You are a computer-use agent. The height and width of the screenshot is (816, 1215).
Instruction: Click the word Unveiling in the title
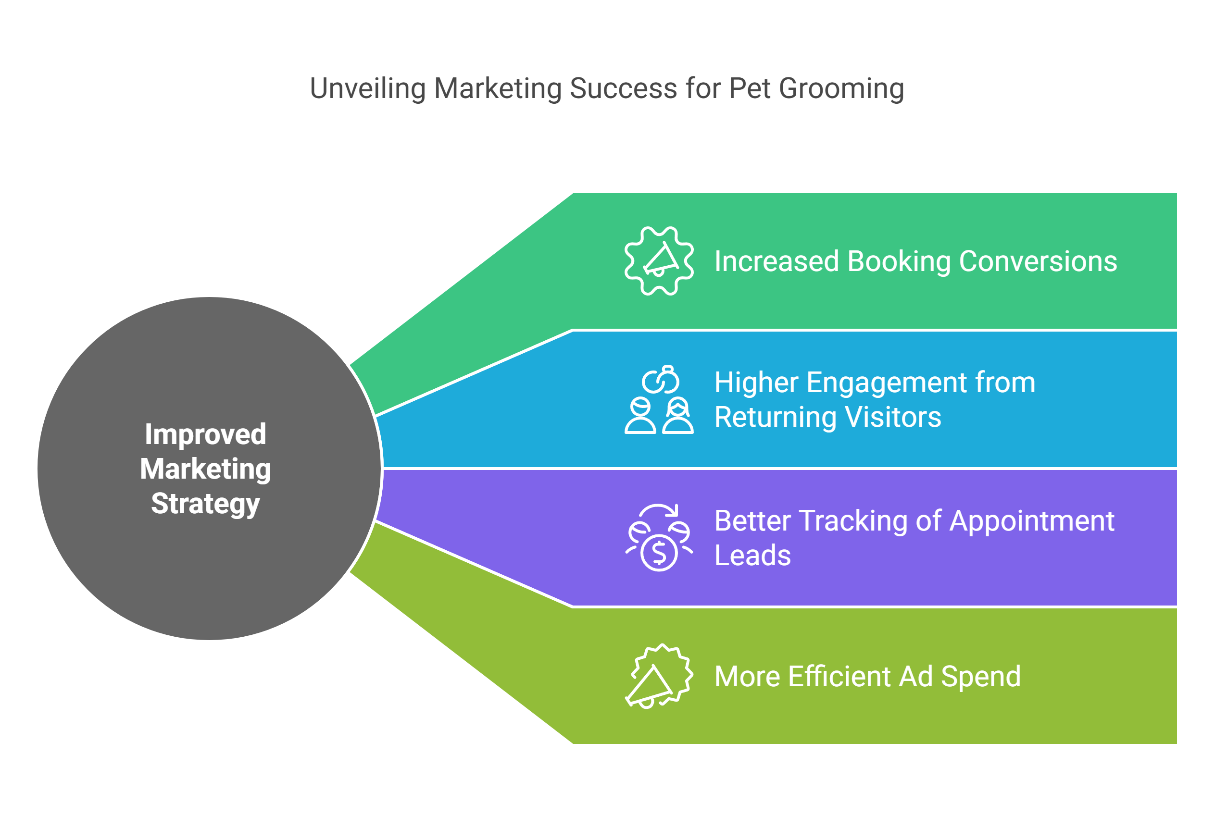[x=367, y=88]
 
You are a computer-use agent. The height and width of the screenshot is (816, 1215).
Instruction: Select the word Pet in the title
[x=750, y=88]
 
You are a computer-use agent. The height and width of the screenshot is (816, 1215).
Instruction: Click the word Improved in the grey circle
[x=206, y=434]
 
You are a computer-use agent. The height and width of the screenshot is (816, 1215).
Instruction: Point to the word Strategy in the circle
[x=206, y=504]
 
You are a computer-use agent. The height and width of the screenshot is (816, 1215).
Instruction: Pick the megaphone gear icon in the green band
[x=659, y=261]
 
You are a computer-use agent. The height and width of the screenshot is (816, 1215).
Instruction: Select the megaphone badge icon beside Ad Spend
[x=659, y=677]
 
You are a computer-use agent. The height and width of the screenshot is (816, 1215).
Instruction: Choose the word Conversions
[x=1038, y=261]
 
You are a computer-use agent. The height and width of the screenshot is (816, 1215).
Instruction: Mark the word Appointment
[x=1032, y=521]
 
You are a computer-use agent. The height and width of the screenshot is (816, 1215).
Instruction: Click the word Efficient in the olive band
[x=839, y=677]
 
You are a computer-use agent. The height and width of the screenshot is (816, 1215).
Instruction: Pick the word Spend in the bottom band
[x=981, y=677]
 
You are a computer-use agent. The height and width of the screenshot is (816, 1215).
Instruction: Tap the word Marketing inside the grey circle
[x=206, y=469]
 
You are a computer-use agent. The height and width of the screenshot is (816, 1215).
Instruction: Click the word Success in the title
[x=624, y=88]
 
